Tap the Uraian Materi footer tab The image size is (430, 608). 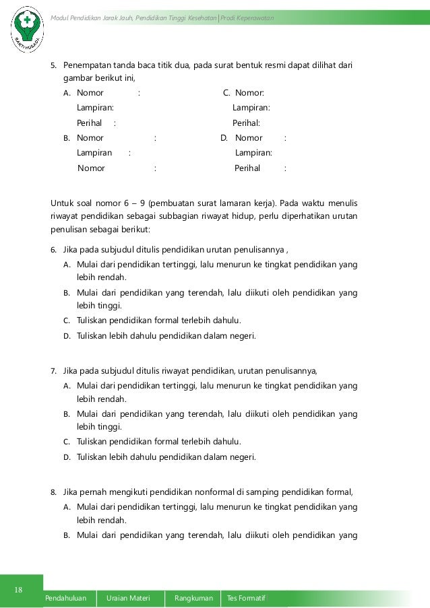coord(131,598)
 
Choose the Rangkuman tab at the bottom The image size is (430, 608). coord(193,598)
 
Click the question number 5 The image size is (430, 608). coord(54,66)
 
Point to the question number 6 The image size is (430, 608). coord(54,250)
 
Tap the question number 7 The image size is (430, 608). coord(54,371)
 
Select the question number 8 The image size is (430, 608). coord(54,492)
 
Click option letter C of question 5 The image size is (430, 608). coord(226,93)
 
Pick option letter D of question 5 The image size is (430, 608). coord(224,138)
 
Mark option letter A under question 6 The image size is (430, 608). coord(67,264)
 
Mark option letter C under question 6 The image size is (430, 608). coord(67,320)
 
